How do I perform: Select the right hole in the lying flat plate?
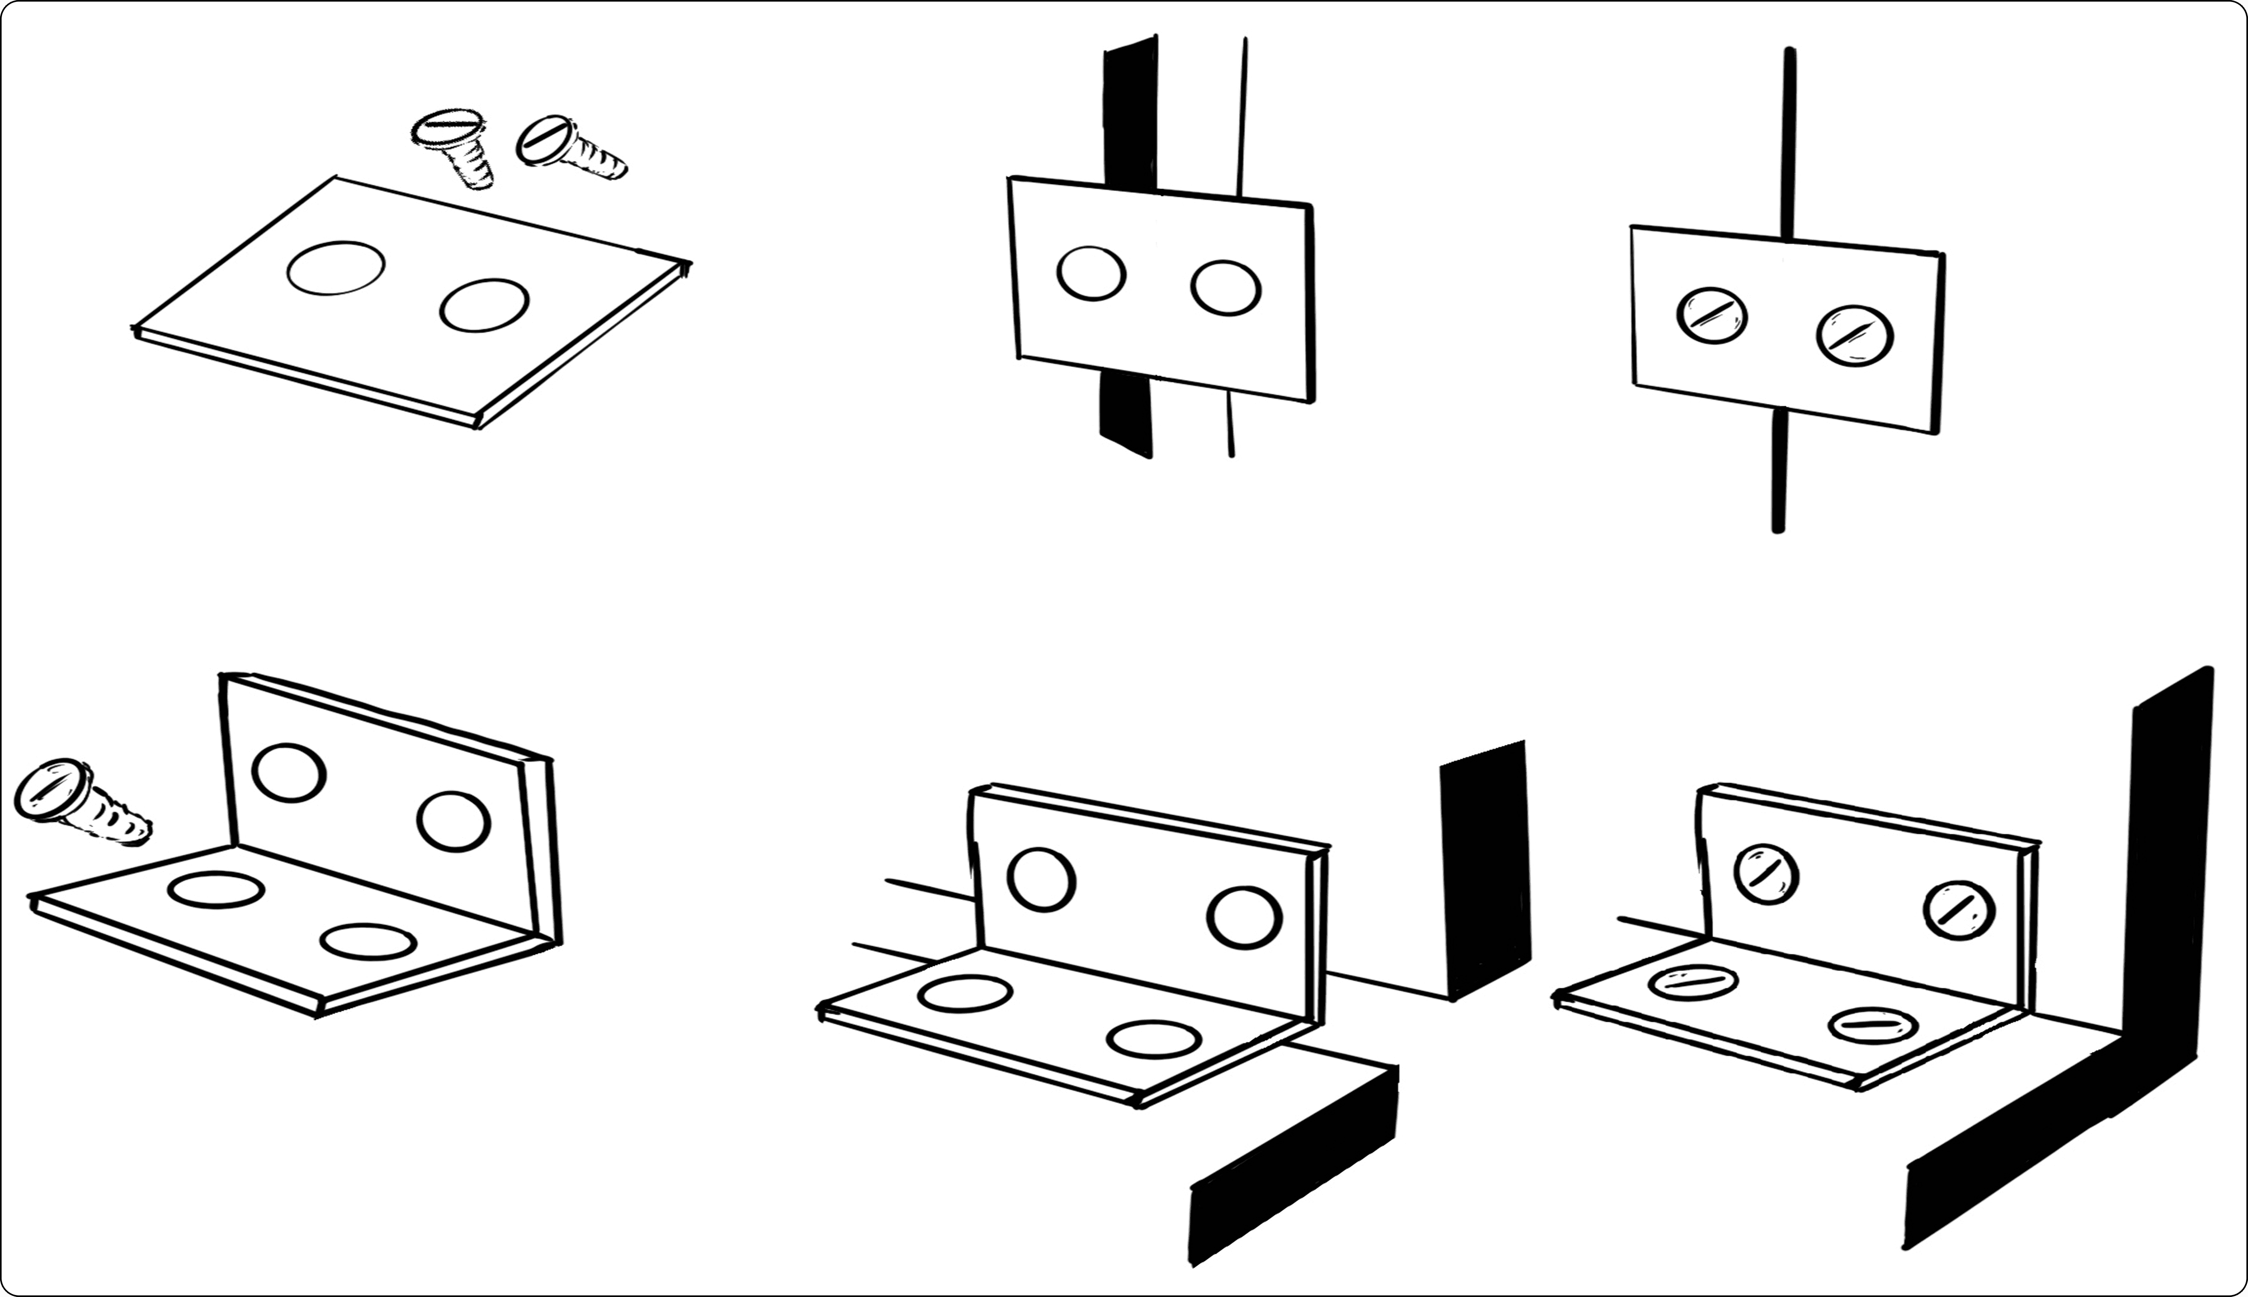click(484, 305)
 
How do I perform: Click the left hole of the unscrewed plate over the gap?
click(1090, 273)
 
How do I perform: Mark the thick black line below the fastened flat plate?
click(1778, 472)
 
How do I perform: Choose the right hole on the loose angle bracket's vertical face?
click(454, 821)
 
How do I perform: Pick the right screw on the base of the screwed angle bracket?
click(1873, 1025)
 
